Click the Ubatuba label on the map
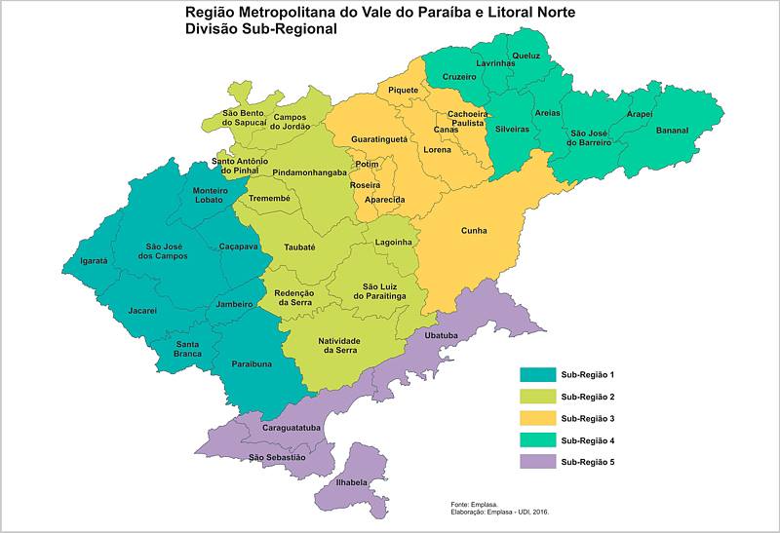point(442,335)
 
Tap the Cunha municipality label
point(474,231)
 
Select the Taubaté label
point(299,247)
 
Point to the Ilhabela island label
point(352,482)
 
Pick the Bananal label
point(672,131)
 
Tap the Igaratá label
point(94,261)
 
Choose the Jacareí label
point(142,311)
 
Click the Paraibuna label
point(252,363)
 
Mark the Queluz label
point(526,56)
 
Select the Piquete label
point(403,91)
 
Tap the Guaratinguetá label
point(379,140)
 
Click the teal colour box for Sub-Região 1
point(536,374)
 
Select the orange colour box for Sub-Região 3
point(536,418)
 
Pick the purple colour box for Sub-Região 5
point(536,462)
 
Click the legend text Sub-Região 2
point(587,397)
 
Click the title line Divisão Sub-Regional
point(260,29)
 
